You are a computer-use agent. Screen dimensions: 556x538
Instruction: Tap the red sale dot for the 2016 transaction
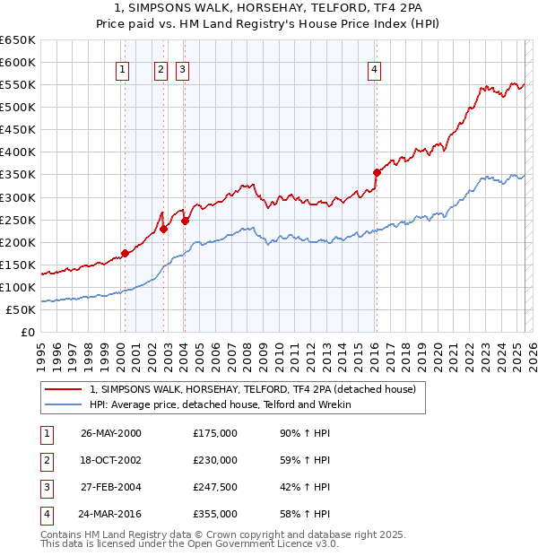[377, 172]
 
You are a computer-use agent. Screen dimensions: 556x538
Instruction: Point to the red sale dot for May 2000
[126, 253]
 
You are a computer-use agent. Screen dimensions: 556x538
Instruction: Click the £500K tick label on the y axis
[18, 107]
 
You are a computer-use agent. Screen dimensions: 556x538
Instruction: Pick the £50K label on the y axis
[22, 309]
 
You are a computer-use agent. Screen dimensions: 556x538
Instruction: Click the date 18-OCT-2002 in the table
[111, 460]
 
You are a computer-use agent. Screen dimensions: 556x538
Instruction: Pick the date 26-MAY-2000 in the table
[111, 433]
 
